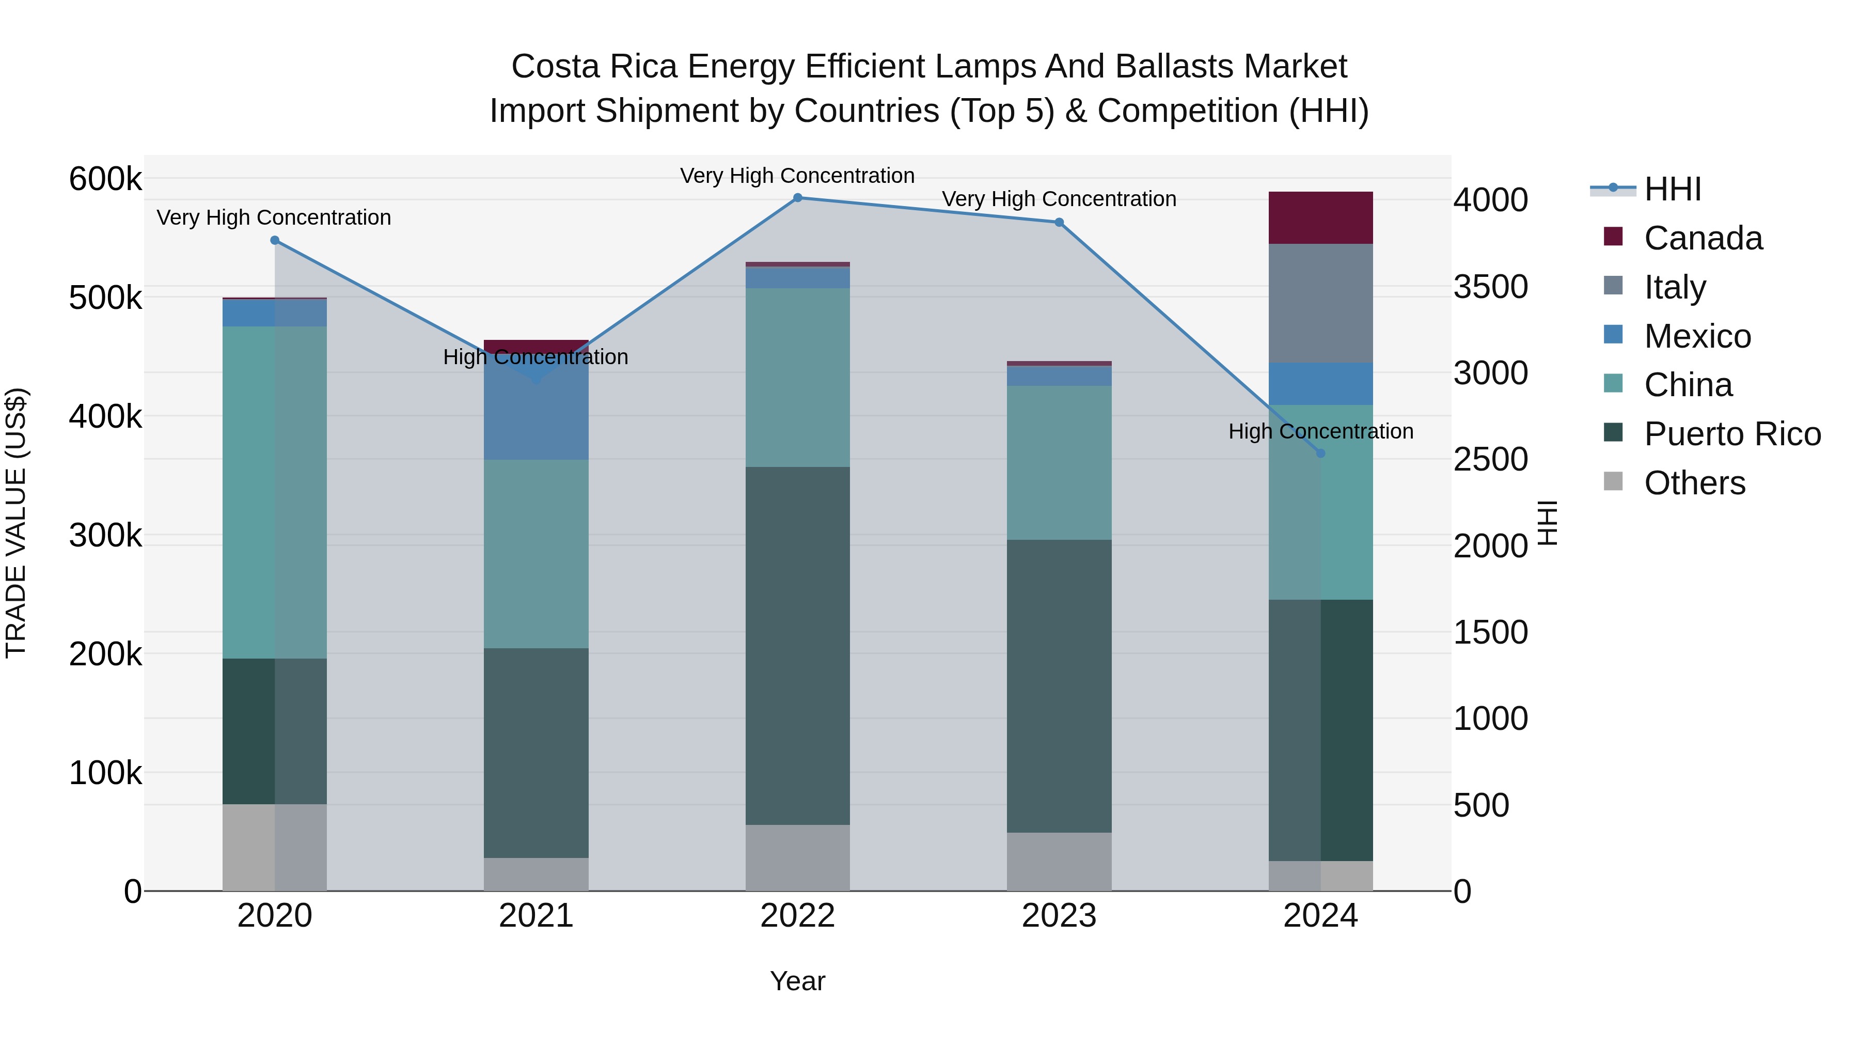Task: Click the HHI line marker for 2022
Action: [x=797, y=198]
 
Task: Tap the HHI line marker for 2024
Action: [x=1320, y=454]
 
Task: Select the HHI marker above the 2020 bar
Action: [x=275, y=240]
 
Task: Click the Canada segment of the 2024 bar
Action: [x=1320, y=218]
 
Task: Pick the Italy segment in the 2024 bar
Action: [x=1320, y=303]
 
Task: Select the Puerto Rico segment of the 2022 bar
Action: [x=797, y=646]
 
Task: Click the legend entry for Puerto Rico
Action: [x=1732, y=434]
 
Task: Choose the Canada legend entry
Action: [x=1703, y=238]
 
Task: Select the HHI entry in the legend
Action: [x=1672, y=189]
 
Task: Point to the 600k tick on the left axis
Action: [x=105, y=179]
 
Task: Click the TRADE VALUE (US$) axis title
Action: [x=17, y=523]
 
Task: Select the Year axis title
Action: [x=797, y=981]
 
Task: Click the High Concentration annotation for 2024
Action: [x=1320, y=432]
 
